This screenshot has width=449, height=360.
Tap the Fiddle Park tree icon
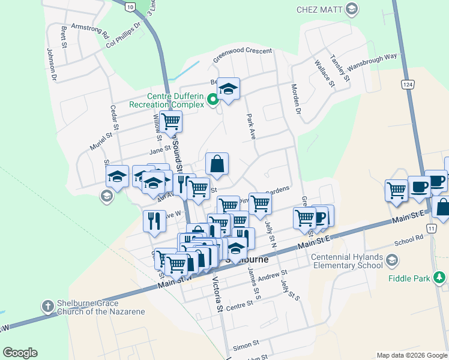[x=440, y=277]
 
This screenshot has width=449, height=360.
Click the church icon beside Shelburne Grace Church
[x=47, y=306]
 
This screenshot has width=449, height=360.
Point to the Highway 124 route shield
[x=408, y=84]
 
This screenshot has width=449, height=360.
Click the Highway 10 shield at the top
[x=130, y=7]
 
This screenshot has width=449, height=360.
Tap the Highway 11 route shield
[x=431, y=229]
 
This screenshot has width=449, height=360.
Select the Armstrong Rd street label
[x=89, y=28]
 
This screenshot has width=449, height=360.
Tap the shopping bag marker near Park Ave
[x=217, y=163]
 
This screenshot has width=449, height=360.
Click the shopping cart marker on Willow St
[x=171, y=121]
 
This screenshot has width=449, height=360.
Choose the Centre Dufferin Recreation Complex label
[x=167, y=100]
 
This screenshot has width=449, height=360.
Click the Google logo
[x=20, y=353]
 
